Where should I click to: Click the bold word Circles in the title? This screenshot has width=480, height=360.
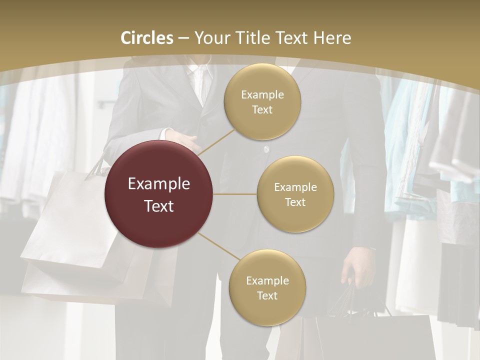coord(146,38)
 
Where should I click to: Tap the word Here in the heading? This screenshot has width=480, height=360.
coord(332,38)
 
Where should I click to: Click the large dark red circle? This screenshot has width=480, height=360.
coord(158,194)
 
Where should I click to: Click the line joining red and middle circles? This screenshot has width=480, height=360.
coord(234,194)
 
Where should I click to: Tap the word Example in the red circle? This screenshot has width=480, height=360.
coord(159,184)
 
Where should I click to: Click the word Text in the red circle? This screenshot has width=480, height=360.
coord(159,206)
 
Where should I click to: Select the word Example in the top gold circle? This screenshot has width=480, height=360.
coord(262,94)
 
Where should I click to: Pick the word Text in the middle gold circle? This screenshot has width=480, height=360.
coord(295,202)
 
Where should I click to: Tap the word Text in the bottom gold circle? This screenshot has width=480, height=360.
coord(267,296)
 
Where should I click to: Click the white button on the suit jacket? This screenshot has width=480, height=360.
coord(266,149)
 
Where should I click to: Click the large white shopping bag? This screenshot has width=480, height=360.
coord(65,225)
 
